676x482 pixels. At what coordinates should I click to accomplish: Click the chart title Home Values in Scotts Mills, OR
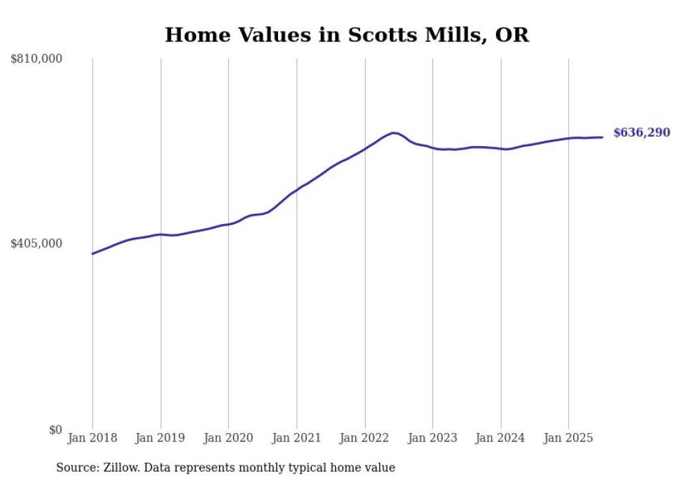346,34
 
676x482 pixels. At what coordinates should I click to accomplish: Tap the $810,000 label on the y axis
37,59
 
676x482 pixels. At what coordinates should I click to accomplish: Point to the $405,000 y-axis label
37,243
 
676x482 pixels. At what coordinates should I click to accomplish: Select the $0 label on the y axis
55,430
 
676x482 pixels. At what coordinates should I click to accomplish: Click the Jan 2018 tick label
92,438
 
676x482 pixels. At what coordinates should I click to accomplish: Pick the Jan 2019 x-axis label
161,438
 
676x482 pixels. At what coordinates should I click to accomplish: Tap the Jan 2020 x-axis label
228,438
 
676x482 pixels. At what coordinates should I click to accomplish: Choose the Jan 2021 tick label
297,438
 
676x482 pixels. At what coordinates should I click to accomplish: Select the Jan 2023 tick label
433,438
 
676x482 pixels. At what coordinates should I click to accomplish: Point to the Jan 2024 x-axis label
501,438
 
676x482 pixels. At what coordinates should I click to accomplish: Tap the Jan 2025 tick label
568,438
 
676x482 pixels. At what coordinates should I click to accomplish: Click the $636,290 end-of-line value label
642,133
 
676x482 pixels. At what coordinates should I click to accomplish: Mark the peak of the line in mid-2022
393,132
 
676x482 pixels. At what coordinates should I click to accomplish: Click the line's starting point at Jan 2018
92,254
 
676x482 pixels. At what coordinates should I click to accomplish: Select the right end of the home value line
602,137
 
